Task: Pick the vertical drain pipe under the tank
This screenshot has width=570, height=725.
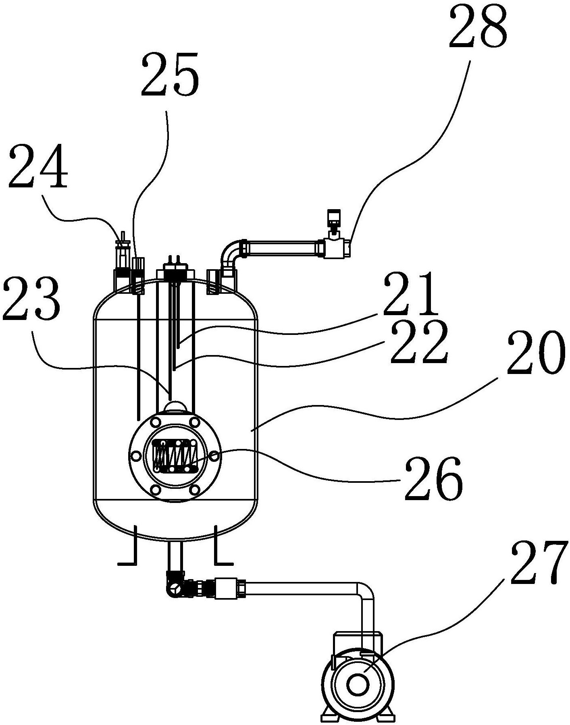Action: pyautogui.click(x=175, y=557)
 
